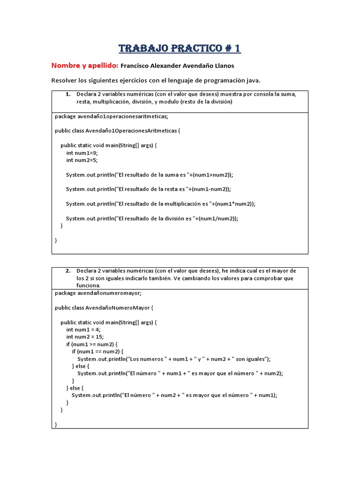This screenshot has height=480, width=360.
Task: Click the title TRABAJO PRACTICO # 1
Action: click(180, 48)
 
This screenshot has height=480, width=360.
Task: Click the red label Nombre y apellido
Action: click(84, 66)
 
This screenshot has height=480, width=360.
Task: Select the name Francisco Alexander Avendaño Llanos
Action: click(177, 66)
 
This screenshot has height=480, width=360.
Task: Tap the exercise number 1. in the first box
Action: click(68, 94)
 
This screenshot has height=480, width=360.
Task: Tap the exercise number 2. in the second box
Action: click(68, 270)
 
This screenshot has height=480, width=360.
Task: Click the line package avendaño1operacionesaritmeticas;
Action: click(111, 116)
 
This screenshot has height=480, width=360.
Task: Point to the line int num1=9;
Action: click(82, 153)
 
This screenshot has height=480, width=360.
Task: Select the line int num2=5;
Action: click(82, 160)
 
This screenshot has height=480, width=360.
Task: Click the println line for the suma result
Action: click(149, 175)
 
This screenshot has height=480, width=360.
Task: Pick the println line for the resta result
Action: click(149, 189)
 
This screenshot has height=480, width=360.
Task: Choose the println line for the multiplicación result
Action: click(161, 204)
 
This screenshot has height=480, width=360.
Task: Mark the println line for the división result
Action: click(152, 218)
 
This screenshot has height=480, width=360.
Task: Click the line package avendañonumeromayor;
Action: click(98, 293)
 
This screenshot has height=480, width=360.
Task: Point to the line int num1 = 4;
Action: click(83, 330)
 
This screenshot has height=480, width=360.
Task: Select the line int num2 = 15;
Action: click(85, 337)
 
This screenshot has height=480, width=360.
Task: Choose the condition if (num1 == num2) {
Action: click(97, 351)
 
